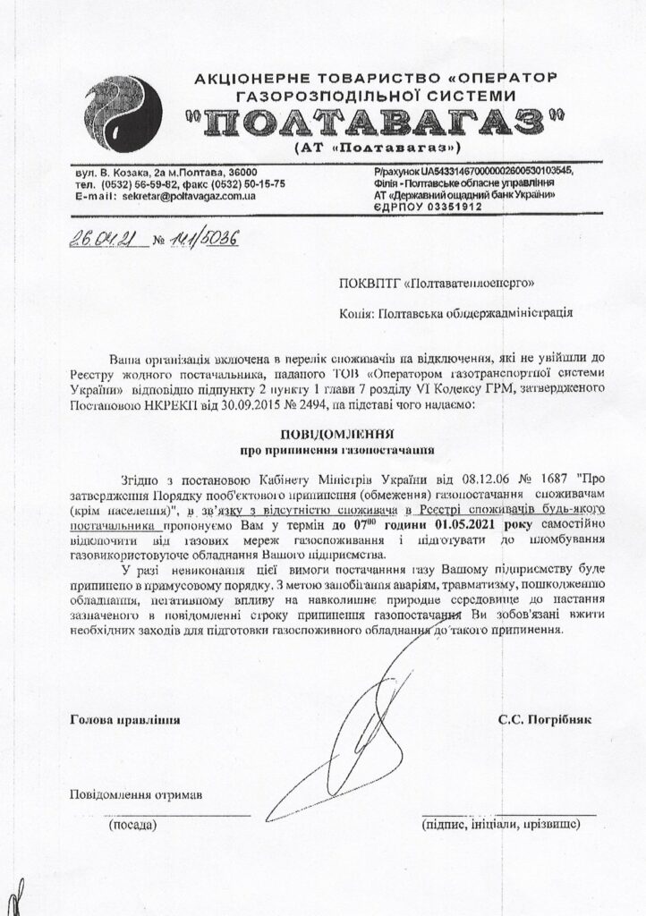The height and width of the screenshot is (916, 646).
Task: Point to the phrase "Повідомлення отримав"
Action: [136, 794]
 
